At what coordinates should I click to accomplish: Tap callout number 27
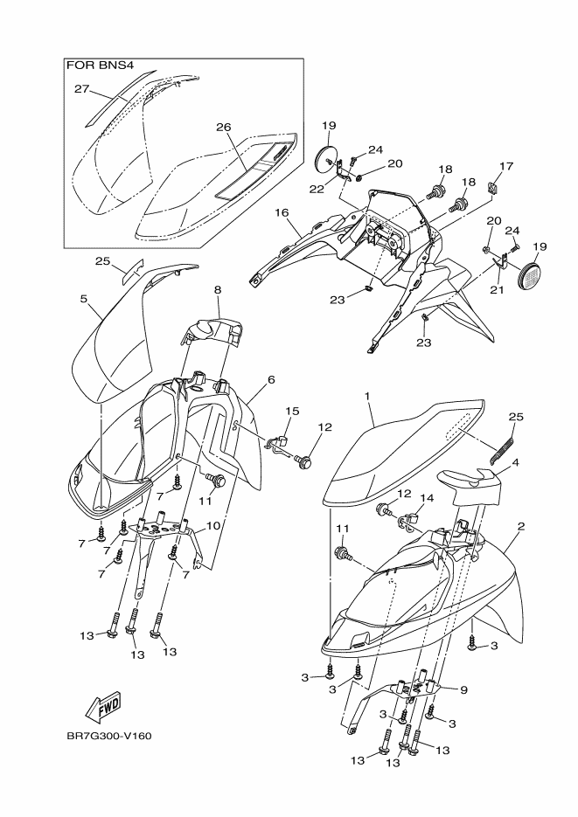click(82, 89)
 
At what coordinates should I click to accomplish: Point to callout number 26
click(224, 127)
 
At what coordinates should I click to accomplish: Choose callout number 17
click(505, 166)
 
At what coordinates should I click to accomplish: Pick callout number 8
click(217, 289)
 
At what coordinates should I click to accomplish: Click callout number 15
click(292, 410)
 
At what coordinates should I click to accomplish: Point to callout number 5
click(83, 298)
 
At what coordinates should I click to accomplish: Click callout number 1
click(368, 396)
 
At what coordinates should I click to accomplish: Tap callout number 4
click(516, 462)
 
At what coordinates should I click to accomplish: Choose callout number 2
click(520, 527)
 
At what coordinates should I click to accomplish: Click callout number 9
click(463, 689)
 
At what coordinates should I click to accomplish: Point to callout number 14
click(428, 498)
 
